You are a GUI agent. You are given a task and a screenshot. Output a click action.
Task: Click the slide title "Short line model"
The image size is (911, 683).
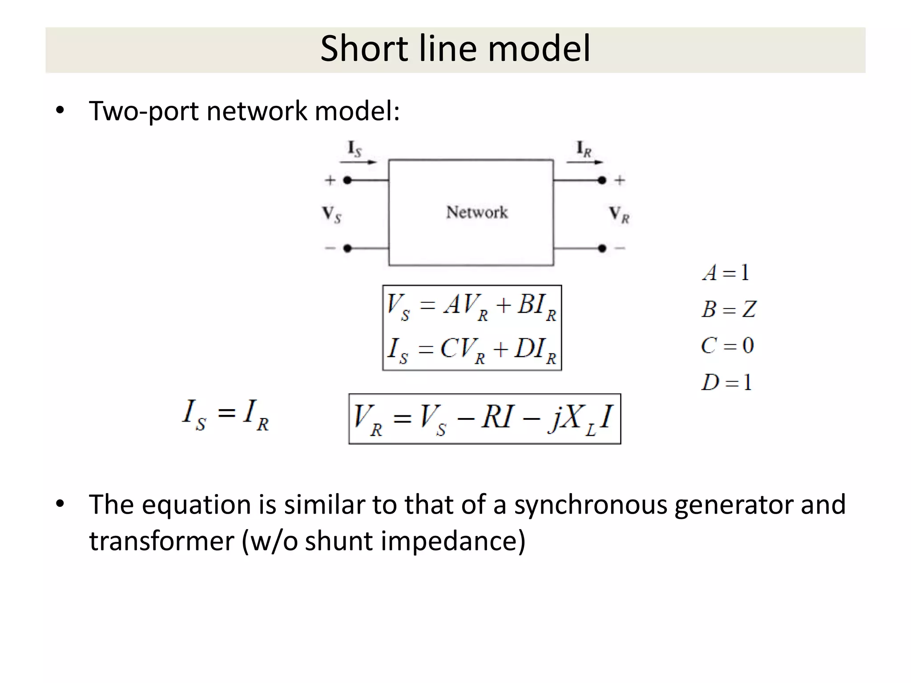pos(455,48)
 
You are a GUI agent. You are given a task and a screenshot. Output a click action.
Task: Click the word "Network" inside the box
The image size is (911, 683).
pos(477,213)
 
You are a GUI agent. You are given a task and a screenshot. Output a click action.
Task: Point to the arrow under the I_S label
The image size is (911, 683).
pos(359,162)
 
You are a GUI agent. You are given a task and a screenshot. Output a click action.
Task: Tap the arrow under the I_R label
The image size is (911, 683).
pos(585,162)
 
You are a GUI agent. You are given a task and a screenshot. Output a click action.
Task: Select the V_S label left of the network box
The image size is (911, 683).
pos(332,215)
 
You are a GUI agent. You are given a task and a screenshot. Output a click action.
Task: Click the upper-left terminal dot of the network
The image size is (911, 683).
pos(348,180)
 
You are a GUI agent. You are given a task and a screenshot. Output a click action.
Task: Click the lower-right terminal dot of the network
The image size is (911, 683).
pos(602,248)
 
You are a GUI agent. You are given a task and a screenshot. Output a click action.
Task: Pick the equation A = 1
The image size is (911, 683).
pos(726,273)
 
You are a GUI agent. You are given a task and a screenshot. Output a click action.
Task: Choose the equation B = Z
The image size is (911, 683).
pos(729,309)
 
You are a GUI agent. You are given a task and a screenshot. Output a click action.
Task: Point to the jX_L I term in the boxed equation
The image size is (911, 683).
pos(580,419)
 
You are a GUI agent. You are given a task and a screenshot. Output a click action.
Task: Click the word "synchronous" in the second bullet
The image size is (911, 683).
pos(591,505)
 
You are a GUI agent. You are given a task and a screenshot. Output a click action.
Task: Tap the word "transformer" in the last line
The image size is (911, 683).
pos(161,541)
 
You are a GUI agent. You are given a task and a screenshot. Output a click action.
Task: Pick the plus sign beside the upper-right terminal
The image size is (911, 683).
pos(620,180)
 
